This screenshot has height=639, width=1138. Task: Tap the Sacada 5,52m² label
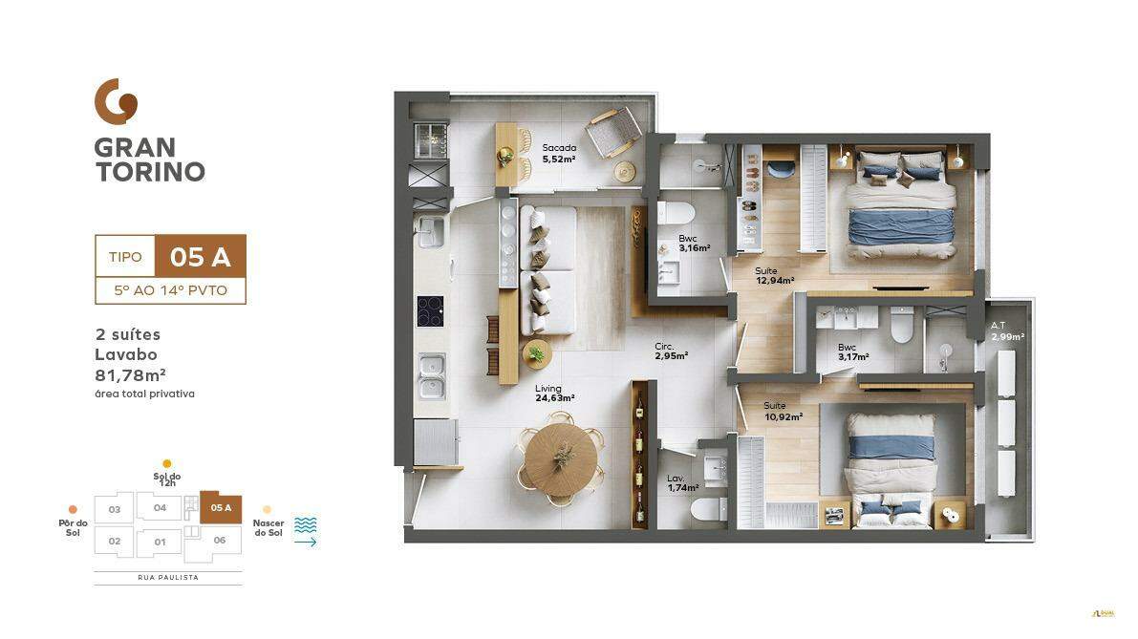click(559, 153)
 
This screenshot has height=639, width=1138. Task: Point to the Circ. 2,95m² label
click(671, 351)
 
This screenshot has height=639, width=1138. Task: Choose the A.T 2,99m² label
click(1007, 330)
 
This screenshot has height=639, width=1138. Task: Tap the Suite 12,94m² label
click(774, 276)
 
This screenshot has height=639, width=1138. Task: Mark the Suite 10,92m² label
click(783, 412)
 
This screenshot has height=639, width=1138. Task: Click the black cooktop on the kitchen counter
click(430, 311)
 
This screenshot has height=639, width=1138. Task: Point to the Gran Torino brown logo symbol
click(116, 101)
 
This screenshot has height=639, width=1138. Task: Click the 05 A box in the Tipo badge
click(200, 256)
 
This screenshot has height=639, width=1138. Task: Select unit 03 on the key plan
click(114, 509)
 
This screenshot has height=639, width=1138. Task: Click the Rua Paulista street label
click(167, 578)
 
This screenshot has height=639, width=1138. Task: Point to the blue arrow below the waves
click(305, 543)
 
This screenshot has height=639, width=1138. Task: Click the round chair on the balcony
click(613, 133)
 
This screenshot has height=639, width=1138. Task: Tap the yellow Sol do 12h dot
click(167, 464)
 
